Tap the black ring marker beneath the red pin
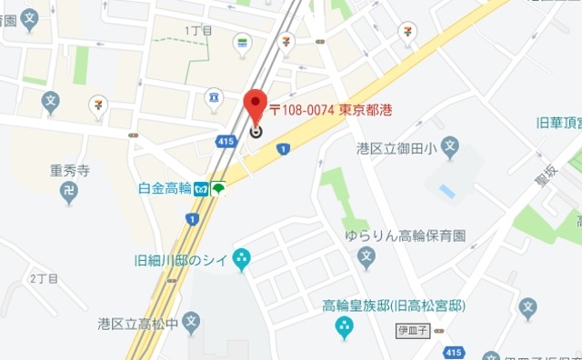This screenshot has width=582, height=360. click(256, 131)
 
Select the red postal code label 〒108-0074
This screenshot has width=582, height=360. click(303, 109)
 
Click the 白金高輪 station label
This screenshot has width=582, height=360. click(166, 188)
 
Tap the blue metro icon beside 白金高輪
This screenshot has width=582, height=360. click(202, 188)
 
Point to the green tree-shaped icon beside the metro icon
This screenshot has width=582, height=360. click(218, 188)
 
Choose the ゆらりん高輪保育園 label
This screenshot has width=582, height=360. click(405, 235)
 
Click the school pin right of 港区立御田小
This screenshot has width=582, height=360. click(450, 146)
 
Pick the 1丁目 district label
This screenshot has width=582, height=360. click(198, 31)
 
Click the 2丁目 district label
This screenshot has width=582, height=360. click(43, 276)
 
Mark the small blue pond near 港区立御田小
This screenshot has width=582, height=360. click(447, 191)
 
